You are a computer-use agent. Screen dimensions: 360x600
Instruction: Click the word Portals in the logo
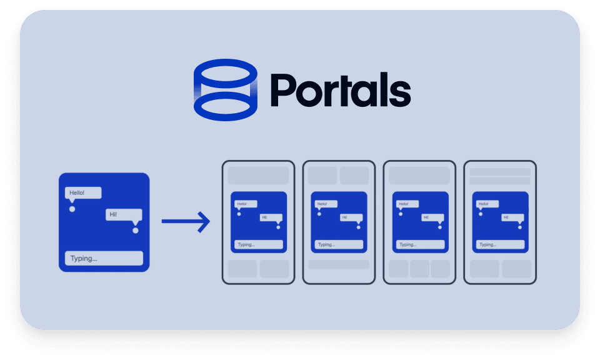point(340,91)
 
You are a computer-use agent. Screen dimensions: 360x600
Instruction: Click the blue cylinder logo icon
point(226,89)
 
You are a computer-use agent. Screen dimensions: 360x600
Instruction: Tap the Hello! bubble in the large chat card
point(83,193)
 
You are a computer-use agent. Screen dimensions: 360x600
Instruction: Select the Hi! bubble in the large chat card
point(124,214)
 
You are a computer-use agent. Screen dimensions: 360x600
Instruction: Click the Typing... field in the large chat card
point(104,258)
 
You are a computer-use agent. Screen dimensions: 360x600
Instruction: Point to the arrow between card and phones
point(186,221)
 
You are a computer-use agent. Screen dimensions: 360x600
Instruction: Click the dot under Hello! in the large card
point(72,209)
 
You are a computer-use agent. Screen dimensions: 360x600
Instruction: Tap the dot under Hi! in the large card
point(135,230)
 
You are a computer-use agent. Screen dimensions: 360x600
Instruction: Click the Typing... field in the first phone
point(258,244)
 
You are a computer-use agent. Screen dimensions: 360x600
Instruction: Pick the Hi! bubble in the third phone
point(433,217)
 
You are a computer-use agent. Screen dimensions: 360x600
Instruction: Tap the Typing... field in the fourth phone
point(499,244)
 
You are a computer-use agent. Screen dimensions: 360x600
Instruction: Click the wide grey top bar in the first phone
point(258,175)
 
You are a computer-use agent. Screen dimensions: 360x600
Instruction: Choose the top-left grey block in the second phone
point(322,175)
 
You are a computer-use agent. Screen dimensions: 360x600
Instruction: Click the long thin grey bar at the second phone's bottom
point(339,264)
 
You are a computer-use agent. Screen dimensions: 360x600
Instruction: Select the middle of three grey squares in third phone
point(419,269)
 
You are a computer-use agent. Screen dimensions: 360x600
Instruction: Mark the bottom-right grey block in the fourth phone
point(516,269)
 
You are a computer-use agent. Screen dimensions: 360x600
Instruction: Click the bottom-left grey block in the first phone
point(242,269)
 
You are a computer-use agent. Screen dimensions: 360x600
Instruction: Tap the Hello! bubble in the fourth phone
point(486,204)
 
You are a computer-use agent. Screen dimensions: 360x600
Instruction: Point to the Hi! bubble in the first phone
point(271,217)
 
